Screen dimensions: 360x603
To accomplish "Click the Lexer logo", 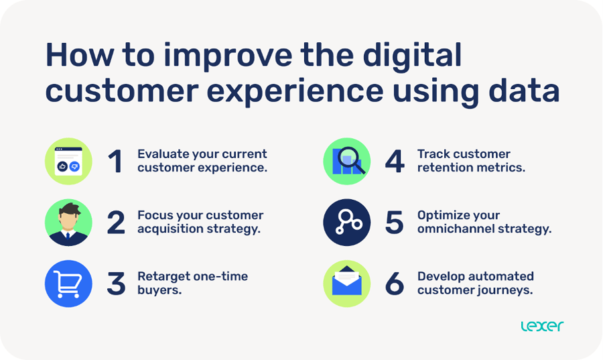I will (x=542, y=326).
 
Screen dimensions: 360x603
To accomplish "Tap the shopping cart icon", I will (x=68, y=284).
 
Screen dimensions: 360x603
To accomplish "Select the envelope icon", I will (x=346, y=284).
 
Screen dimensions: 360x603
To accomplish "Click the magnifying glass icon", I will (x=346, y=161).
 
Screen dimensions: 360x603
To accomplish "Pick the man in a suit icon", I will (x=68, y=223).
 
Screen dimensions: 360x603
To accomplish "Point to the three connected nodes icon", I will (x=346, y=223).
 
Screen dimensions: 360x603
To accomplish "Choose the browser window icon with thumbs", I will (x=68, y=161).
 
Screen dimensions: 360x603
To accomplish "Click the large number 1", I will (x=116, y=162).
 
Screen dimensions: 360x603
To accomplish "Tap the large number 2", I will (x=116, y=223).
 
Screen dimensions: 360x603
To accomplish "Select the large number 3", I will (x=116, y=284).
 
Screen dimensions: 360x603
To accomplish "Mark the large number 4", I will (x=395, y=162).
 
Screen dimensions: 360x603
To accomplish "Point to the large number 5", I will (x=395, y=223).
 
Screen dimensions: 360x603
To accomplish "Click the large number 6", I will (x=395, y=284).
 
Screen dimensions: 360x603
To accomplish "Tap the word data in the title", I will (x=525, y=91).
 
